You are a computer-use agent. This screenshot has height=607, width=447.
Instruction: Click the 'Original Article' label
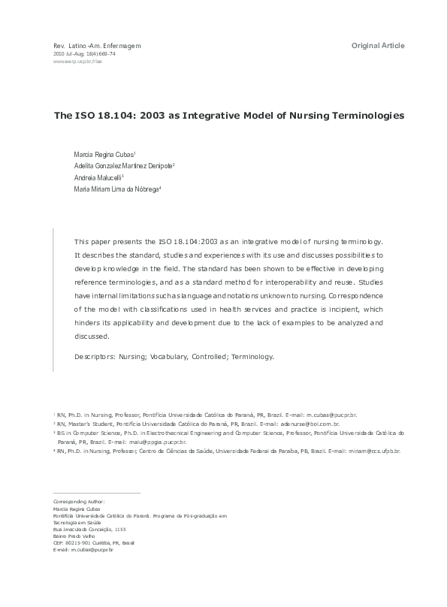tap(378, 46)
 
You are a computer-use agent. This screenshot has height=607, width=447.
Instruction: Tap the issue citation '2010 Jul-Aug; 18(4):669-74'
tap(83, 54)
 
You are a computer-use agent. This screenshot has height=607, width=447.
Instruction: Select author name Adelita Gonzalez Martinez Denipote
tap(123, 165)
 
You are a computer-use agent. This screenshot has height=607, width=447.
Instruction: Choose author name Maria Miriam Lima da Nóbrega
tap(117, 189)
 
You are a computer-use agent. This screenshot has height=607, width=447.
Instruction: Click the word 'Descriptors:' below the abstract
tap(95, 357)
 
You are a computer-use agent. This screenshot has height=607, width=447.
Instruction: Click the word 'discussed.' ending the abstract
tap(91, 336)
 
